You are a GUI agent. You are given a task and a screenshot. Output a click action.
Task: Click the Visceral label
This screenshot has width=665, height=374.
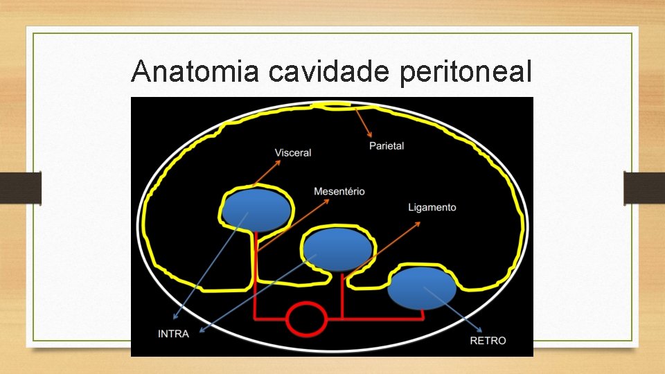coord(293,152)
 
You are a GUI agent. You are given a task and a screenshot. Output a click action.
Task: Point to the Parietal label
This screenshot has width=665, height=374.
coord(387,146)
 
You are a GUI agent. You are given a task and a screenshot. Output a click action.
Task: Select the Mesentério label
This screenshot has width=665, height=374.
coord(339,191)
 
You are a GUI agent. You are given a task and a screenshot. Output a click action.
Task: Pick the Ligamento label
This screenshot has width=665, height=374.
coord(432,207)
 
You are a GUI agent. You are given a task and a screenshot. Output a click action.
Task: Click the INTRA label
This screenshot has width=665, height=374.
coord(173,334)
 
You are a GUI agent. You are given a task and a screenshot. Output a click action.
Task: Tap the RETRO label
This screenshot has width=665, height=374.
coord(488,341)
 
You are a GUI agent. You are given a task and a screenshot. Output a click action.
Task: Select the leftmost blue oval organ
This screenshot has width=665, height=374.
coord(256,210)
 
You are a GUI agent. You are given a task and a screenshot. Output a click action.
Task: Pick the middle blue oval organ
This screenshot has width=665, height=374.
coord(337,249)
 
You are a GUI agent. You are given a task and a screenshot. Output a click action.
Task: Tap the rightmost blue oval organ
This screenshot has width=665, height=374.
coord(421,288)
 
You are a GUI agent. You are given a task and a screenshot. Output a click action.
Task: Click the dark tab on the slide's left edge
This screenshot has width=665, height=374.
coord(21,188)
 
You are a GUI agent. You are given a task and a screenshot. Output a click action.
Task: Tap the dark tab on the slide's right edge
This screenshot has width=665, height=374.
coord(644,188)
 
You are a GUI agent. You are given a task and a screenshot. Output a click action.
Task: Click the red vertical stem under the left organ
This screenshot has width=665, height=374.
coord(255,277)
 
